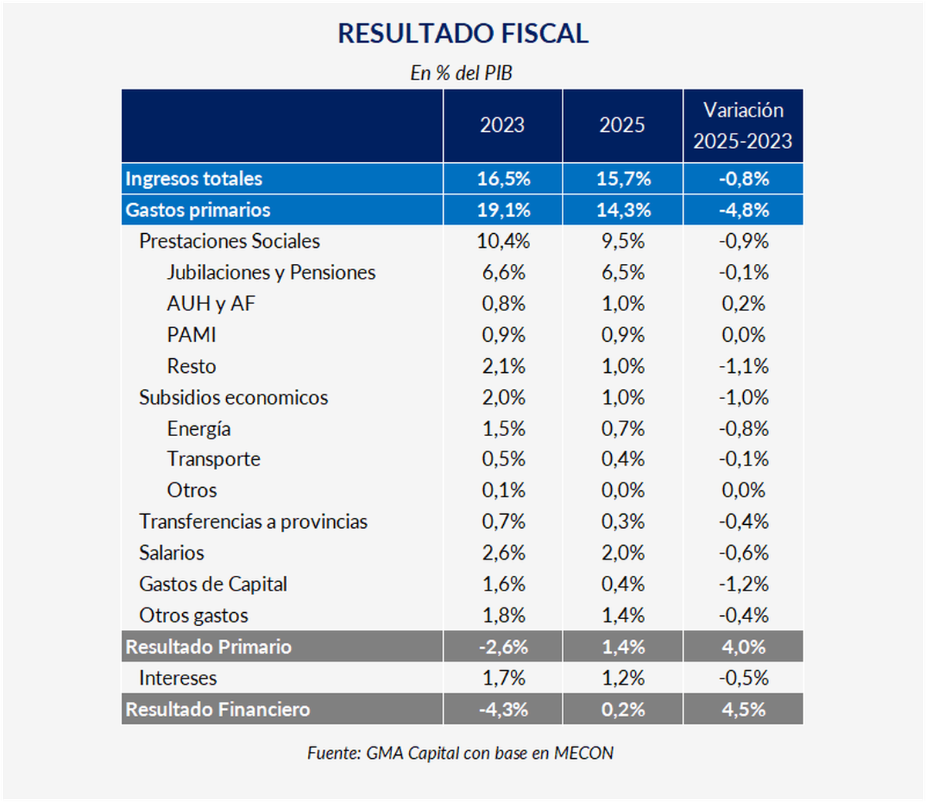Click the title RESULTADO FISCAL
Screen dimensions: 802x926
(463, 33)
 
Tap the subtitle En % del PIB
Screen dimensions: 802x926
(461, 73)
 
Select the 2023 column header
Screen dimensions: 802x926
(502, 125)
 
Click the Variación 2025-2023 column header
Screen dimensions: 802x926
(742, 126)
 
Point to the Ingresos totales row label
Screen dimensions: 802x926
(194, 179)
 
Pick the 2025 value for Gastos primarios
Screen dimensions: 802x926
(623, 210)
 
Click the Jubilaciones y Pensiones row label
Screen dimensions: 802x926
(271, 272)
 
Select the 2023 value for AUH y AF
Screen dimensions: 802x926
(503, 304)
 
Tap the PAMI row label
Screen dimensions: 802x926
(191, 335)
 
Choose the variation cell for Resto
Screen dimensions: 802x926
(743, 366)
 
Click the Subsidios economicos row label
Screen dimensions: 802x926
(233, 398)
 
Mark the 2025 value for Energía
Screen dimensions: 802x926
(623, 428)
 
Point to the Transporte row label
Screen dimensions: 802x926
(214, 459)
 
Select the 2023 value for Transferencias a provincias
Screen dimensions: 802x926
(503, 522)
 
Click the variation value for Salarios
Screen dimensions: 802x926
(743, 553)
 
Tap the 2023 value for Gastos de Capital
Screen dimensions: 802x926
(503, 584)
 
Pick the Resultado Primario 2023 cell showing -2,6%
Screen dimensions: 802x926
(503, 647)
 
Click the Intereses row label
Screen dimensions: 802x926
(177, 678)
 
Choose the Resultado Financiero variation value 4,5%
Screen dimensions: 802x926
(743, 709)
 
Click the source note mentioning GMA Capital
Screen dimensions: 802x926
(461, 753)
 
